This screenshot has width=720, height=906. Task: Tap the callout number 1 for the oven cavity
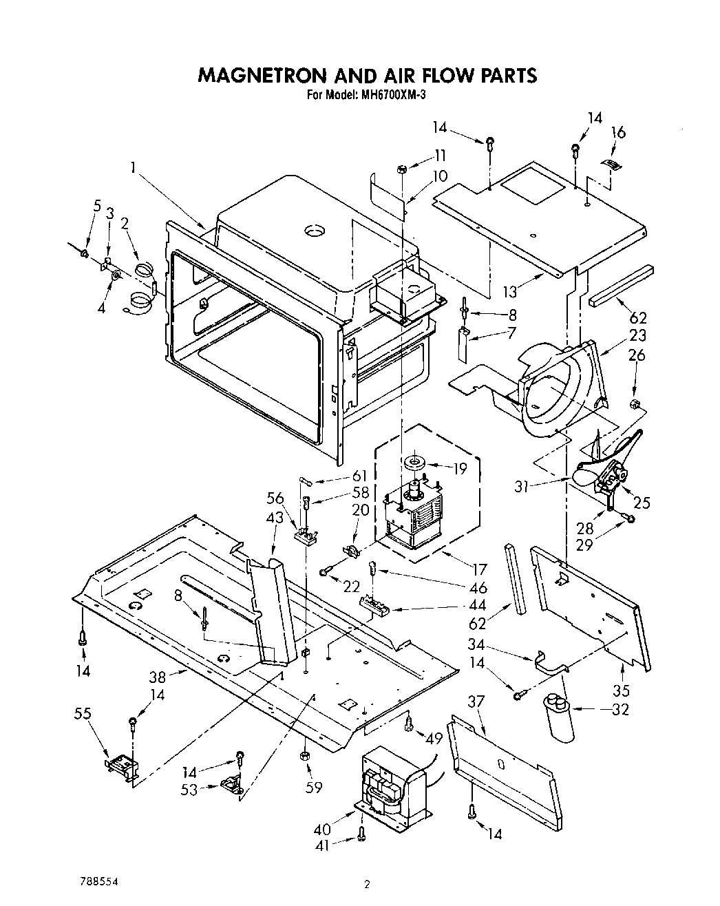click(x=131, y=167)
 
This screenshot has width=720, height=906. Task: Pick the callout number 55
click(x=83, y=715)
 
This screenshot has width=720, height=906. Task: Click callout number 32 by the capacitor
click(x=620, y=708)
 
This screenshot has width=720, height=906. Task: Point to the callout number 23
click(x=638, y=335)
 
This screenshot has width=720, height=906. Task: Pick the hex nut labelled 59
click(x=305, y=757)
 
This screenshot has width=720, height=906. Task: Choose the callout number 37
click(x=476, y=702)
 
